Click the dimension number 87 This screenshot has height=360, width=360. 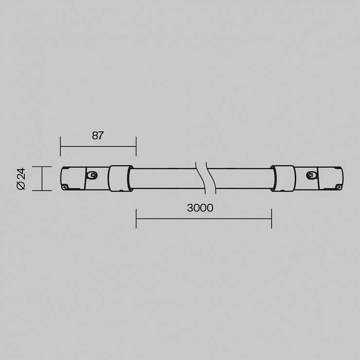click(x=98, y=135)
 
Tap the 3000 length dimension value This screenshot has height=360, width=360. click(x=200, y=208)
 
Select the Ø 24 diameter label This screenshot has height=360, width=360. click(x=21, y=179)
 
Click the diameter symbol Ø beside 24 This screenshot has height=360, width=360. click(x=21, y=186)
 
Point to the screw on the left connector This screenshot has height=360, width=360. click(x=92, y=176)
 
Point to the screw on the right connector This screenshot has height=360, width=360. click(x=311, y=176)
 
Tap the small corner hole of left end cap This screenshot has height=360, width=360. click(x=65, y=187)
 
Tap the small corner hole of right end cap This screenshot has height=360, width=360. click(x=339, y=187)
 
